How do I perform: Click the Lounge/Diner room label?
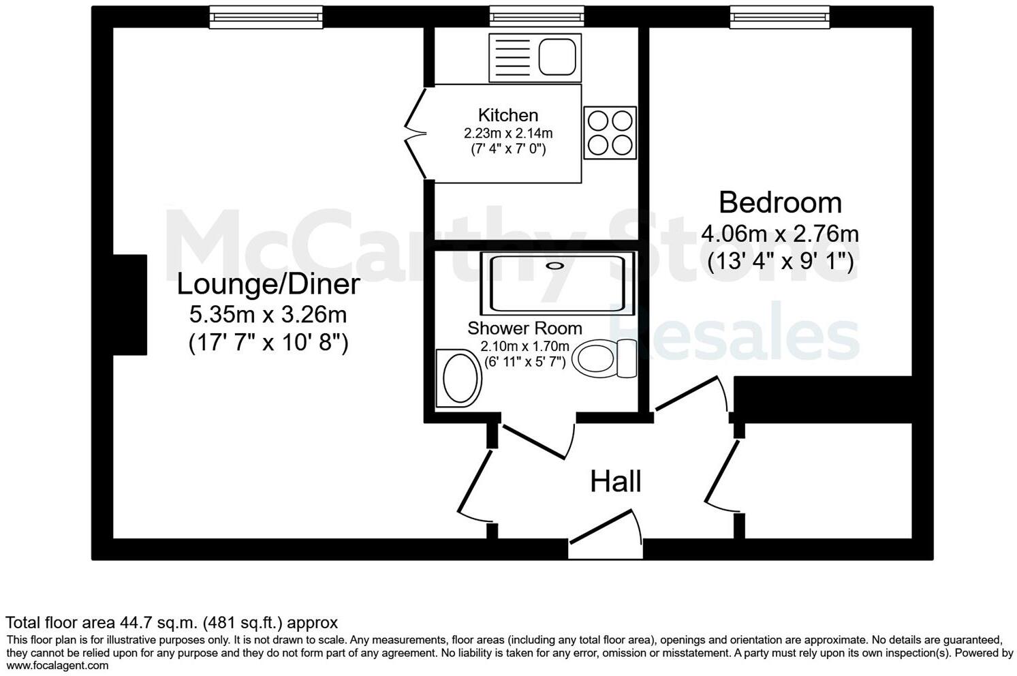tap(268, 284)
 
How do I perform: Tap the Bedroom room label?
tap(780, 202)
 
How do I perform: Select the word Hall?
tap(615, 481)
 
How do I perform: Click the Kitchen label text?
tap(507, 115)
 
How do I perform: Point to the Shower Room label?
tap(525, 328)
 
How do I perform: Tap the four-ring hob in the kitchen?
tap(610, 133)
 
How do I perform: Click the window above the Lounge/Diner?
tap(265, 17)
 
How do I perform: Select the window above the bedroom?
tap(779, 17)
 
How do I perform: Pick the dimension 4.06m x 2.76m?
tap(780, 234)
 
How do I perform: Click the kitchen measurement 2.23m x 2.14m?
tap(507, 134)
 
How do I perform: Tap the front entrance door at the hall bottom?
tap(605, 532)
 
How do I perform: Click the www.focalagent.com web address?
tap(57, 665)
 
